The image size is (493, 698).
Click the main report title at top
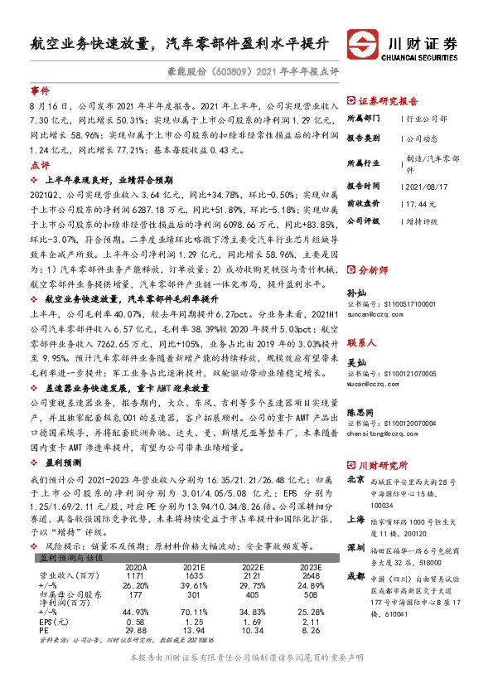(x=179, y=42)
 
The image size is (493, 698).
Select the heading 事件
(x=40, y=90)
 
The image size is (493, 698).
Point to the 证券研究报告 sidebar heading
(x=391, y=99)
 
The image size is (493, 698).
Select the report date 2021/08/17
(x=430, y=185)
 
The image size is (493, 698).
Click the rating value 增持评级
(x=426, y=221)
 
